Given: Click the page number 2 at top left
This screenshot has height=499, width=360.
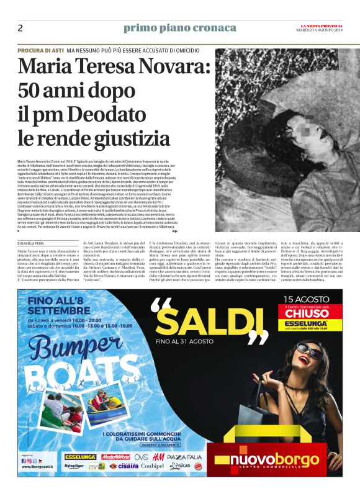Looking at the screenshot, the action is tap(20, 28).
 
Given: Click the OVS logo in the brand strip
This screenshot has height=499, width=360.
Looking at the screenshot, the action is tap(140, 457).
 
